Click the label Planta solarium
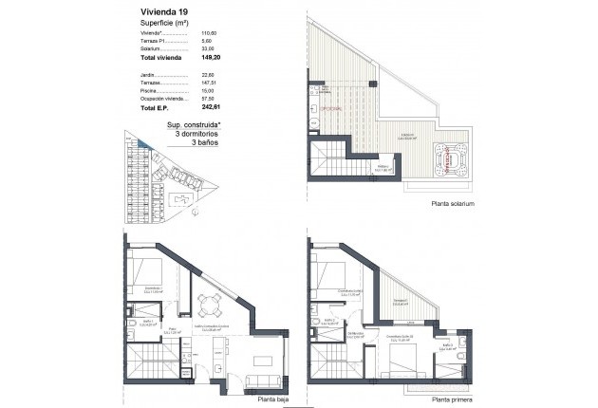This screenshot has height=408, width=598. coord(452,204)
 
